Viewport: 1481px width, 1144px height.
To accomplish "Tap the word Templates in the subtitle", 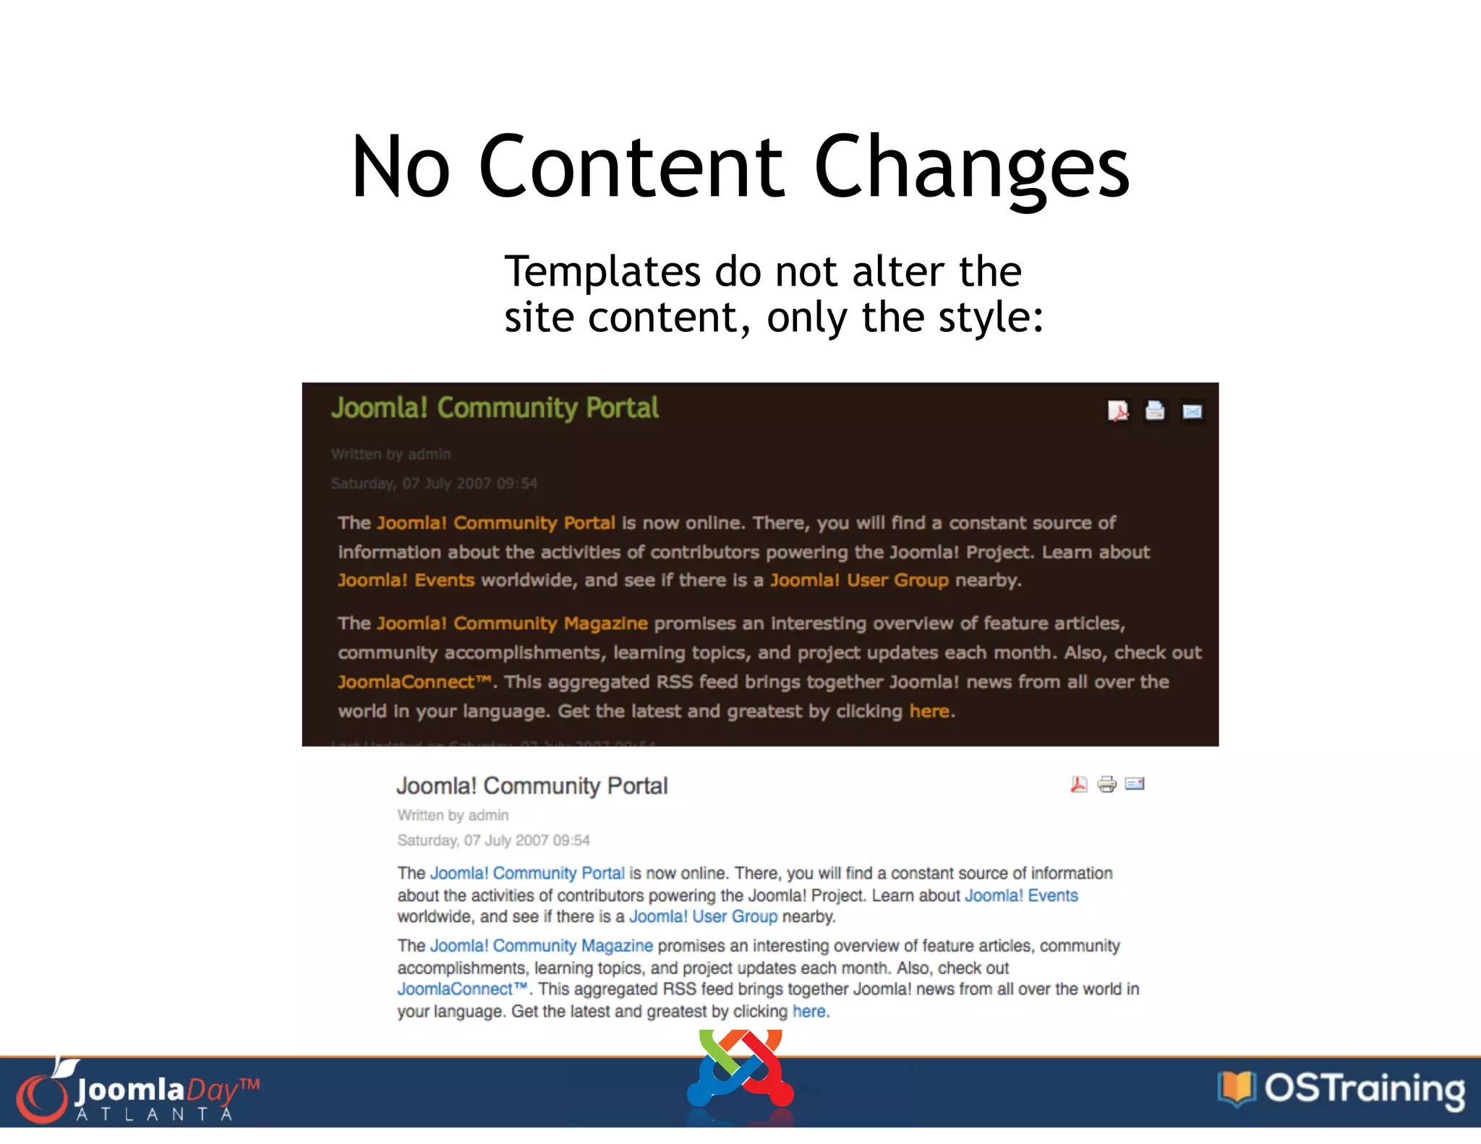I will (x=602, y=272).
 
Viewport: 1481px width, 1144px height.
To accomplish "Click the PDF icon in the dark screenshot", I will (x=1118, y=411).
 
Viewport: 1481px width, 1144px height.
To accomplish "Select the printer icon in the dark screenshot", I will (x=1155, y=411).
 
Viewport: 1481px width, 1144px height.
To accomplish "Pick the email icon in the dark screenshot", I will (x=1192, y=411).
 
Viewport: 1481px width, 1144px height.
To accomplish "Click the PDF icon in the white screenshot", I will (x=1079, y=785).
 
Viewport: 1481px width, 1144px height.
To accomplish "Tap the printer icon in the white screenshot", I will (x=1106, y=785).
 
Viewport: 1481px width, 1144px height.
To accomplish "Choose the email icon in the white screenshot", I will (x=1135, y=784).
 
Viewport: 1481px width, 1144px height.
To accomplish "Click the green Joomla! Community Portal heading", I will (x=495, y=409).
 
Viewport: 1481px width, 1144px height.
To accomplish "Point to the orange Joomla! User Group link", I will (x=858, y=581).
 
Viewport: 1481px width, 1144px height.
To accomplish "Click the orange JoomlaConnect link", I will (x=414, y=682).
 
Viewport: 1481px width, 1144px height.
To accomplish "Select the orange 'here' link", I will (x=929, y=712).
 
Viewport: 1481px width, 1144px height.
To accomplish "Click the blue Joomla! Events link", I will (x=1021, y=896).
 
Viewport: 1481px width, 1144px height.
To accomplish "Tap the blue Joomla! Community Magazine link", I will (x=541, y=946).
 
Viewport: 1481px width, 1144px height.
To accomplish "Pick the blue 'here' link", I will (x=808, y=1012).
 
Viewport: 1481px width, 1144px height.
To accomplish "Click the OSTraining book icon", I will (x=1236, y=1088).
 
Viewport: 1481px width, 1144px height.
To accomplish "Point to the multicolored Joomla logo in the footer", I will (x=740, y=1072).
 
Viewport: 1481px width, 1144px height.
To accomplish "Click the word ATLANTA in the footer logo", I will (x=154, y=1114).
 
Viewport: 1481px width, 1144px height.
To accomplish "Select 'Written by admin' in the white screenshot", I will (x=453, y=816).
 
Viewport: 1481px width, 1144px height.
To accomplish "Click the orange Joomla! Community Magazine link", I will (x=512, y=623).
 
